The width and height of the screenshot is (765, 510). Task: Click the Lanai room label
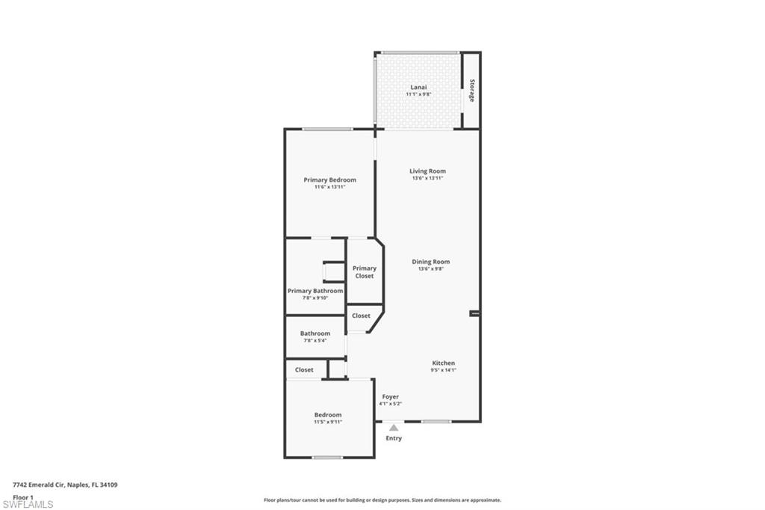[418, 87]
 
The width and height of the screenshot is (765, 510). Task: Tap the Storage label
[472, 90]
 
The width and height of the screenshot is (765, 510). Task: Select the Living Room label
[427, 171]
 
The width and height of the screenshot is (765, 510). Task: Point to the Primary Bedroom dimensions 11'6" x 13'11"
[329, 187]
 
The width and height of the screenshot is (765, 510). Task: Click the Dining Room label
[431, 261]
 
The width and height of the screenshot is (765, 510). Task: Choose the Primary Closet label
[365, 272]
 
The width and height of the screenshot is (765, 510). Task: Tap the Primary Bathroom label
[315, 291]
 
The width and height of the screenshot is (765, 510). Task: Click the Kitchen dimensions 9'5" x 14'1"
[444, 370]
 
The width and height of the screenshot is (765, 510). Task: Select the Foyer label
[390, 396]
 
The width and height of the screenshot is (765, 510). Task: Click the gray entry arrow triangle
[394, 428]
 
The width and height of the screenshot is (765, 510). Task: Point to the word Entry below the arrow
[394, 438]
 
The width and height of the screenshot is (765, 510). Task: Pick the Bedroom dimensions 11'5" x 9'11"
[328, 422]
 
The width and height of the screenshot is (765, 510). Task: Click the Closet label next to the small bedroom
[304, 370]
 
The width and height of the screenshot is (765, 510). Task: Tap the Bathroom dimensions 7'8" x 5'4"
[315, 340]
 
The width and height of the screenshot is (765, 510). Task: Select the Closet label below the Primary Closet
[361, 316]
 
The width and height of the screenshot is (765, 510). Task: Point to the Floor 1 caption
[23, 497]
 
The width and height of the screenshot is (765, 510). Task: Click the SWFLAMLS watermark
[28, 504]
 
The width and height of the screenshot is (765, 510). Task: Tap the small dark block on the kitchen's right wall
[474, 313]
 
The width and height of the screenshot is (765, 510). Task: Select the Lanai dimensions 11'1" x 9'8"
[418, 93]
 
